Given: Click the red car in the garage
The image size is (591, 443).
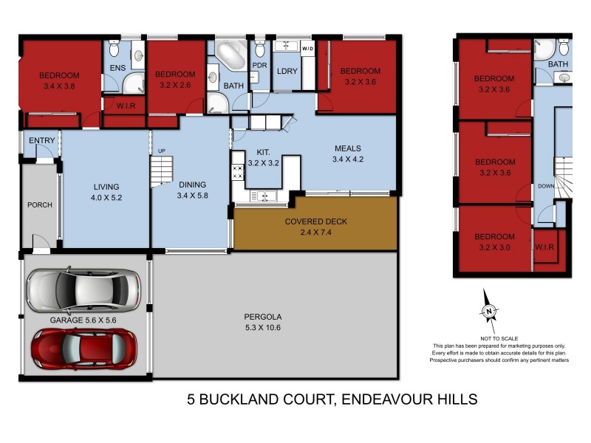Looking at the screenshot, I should point(83,348).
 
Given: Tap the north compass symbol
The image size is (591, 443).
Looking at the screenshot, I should point(489,313).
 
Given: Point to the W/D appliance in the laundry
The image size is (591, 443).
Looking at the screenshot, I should point(307,49).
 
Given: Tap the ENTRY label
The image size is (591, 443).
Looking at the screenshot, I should point(37,141).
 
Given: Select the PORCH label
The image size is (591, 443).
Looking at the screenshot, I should point(39,205).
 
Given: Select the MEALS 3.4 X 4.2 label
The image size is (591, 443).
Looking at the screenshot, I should point(348,154).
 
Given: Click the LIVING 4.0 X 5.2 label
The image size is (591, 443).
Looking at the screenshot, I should point(106,192).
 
